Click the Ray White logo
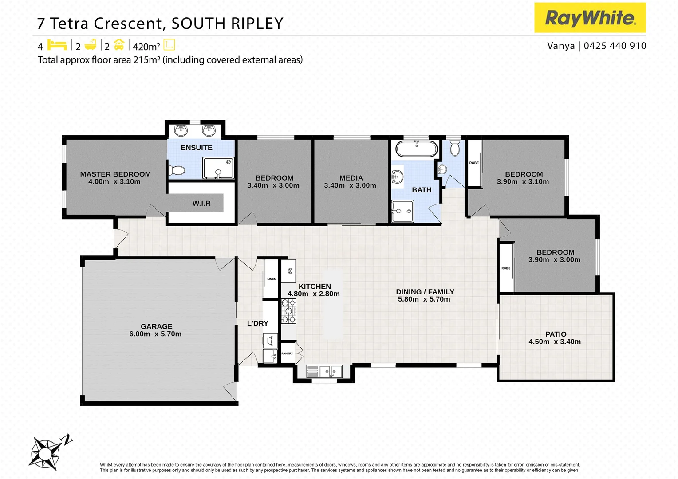click(x=590, y=18)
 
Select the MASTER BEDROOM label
click(x=115, y=174)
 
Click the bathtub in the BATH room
click(x=416, y=149)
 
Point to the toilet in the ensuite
click(x=177, y=170)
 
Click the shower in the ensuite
click(x=218, y=168)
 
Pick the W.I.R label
click(x=201, y=204)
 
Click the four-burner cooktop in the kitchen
click(x=288, y=311)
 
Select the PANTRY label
click(x=287, y=353)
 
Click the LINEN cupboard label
click(x=272, y=279)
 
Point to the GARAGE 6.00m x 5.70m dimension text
click(x=155, y=334)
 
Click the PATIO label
click(x=556, y=334)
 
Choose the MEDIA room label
click(x=351, y=178)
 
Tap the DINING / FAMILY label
click(x=425, y=292)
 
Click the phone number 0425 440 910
click(x=615, y=46)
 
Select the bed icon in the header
click(x=57, y=45)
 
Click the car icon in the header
click(x=119, y=45)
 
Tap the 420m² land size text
click(x=146, y=47)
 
